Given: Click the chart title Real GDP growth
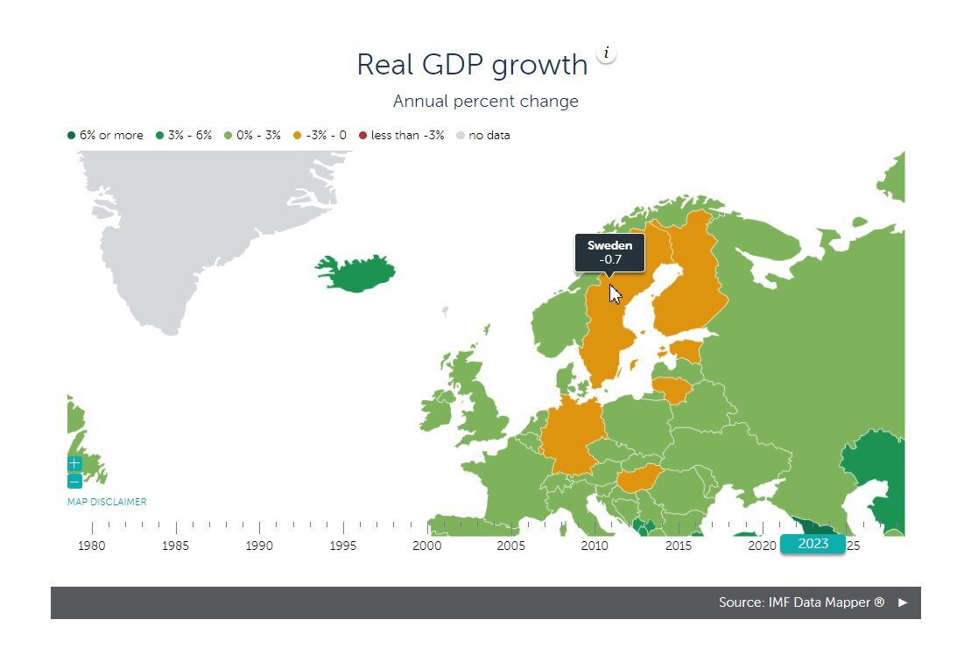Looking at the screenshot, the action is (x=472, y=65).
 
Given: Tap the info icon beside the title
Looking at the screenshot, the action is (x=606, y=53).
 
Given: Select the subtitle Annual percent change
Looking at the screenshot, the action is (x=485, y=101).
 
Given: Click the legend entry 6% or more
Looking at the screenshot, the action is (x=105, y=135).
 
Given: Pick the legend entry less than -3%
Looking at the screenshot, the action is (x=401, y=135).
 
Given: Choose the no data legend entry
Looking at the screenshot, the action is (x=483, y=135).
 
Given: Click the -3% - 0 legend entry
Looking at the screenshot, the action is (x=320, y=135).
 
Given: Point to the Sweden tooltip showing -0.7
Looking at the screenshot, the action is (x=610, y=252).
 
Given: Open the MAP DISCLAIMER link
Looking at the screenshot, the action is (x=107, y=502).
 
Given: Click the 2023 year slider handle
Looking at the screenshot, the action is (x=813, y=544).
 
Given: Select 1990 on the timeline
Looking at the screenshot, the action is (x=259, y=546).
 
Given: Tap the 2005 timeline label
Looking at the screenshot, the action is (x=510, y=546).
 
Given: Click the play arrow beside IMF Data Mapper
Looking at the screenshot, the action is (x=903, y=602).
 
